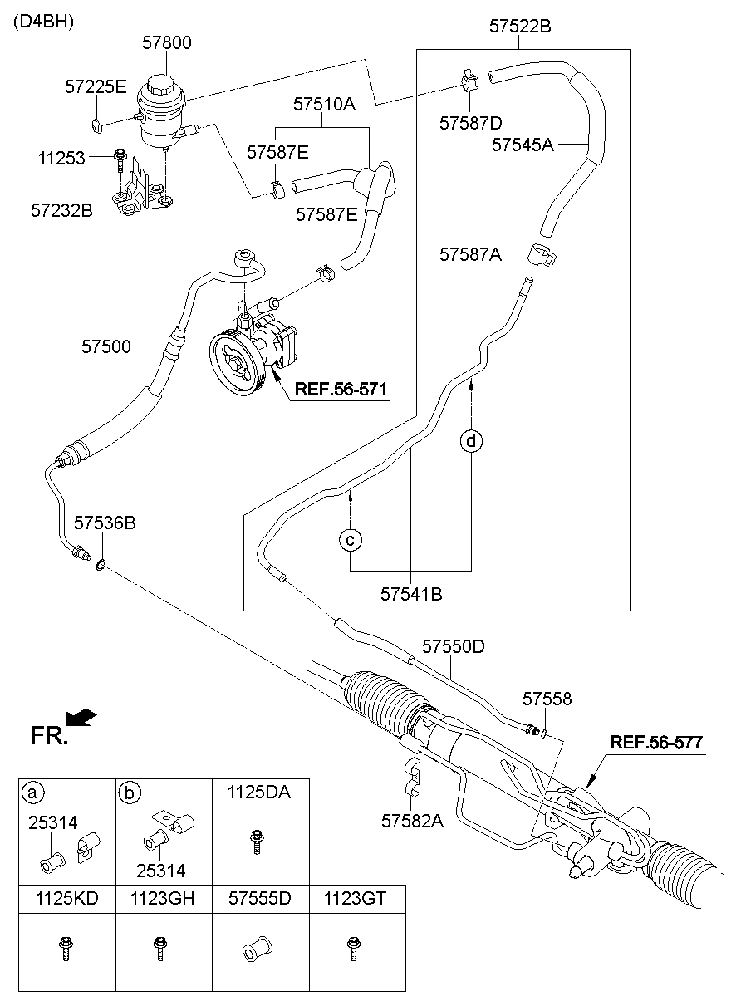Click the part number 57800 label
(x=165, y=42)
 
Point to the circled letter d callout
(x=472, y=440)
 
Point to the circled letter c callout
(x=351, y=540)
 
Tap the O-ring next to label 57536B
(x=100, y=566)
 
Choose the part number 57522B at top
(x=520, y=27)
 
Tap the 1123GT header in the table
(x=354, y=899)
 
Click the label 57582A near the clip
(x=413, y=820)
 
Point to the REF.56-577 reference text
(x=657, y=743)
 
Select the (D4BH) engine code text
(x=43, y=22)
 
